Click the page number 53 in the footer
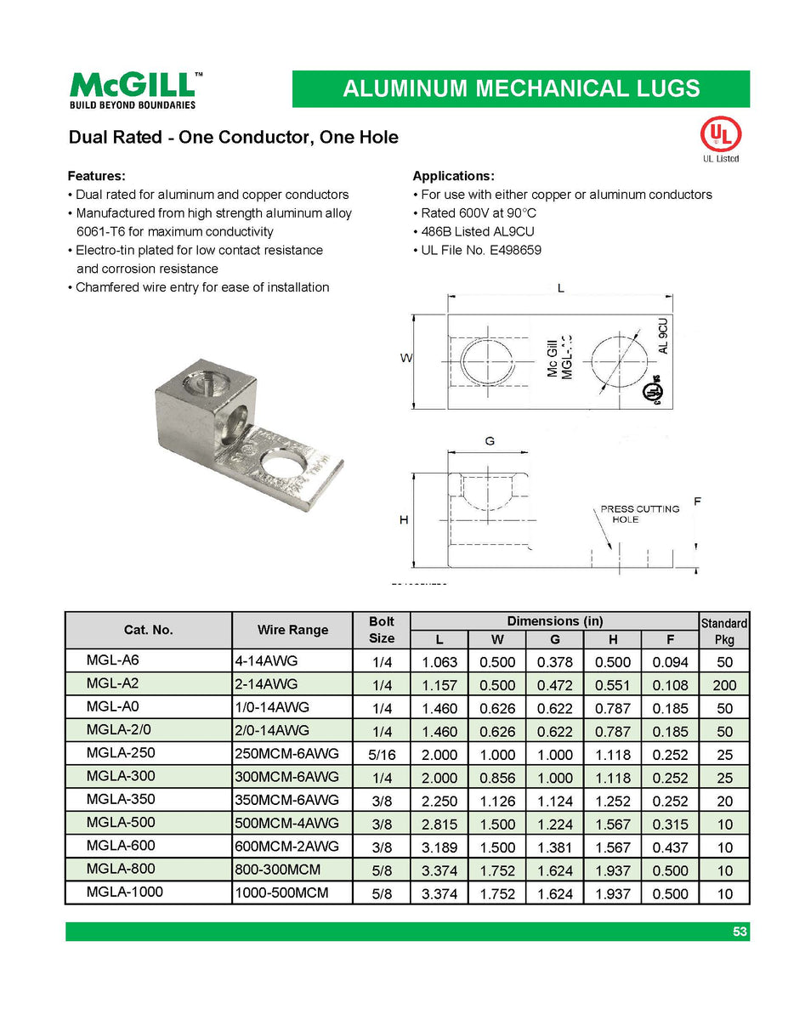740,932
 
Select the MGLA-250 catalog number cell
121,753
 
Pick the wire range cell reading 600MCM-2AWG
286,847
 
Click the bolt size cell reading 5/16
381,754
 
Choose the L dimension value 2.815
439,824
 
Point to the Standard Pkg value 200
724,684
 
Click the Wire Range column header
292,630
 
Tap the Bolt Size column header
381,630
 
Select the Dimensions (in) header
554,621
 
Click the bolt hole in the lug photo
285,467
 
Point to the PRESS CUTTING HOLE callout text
639,514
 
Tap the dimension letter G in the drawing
490,441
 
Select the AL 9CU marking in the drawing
663,334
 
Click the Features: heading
96,176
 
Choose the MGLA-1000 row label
124,892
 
